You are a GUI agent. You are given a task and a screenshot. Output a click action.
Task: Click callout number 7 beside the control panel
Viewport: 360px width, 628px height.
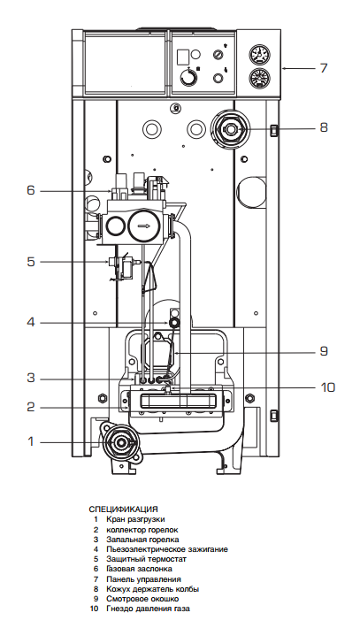(323, 68)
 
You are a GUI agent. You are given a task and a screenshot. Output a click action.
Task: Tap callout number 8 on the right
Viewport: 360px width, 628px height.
(324, 127)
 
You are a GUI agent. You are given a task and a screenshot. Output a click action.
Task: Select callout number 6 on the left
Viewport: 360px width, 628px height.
(31, 190)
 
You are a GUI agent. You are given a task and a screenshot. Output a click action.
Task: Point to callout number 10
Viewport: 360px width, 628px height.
(328, 387)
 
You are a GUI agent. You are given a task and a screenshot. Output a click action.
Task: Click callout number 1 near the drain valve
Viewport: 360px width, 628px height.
(31, 441)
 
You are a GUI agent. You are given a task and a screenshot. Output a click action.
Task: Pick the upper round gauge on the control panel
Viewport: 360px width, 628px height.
(259, 56)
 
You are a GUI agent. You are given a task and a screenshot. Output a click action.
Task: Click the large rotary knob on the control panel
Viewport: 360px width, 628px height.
(188, 76)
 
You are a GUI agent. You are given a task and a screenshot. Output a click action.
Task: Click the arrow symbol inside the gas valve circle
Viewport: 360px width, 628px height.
(144, 226)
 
